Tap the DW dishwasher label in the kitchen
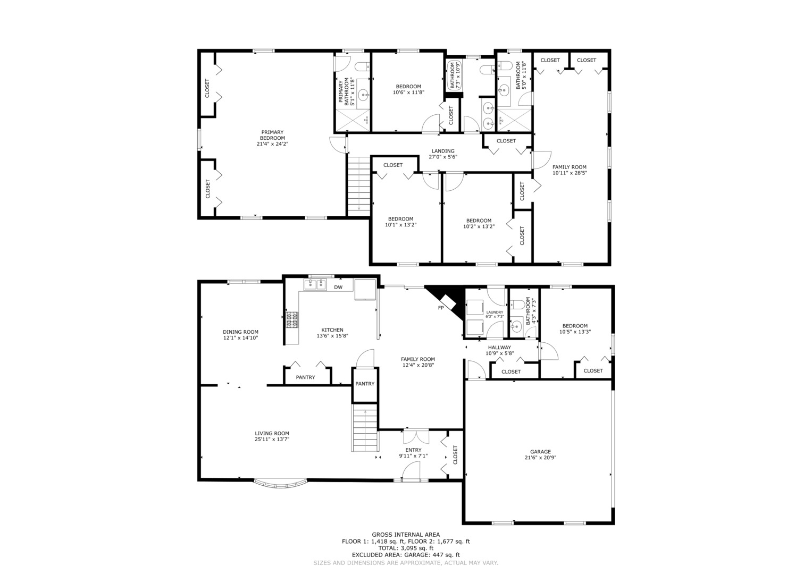[338, 288]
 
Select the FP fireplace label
[441, 308]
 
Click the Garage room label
[540, 452]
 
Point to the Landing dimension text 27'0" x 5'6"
[443, 157]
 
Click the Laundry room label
[495, 312]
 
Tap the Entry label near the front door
[413, 450]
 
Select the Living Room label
[272, 433]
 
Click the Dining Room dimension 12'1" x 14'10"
[240, 337]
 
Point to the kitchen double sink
[315, 285]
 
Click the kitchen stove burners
[292, 319]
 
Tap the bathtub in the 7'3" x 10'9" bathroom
[453, 75]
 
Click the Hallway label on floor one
[499, 347]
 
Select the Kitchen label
[332, 330]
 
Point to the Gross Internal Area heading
[406, 534]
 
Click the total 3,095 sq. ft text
[406, 548]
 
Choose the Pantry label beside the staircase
[365, 383]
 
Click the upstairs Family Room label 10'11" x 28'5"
[570, 170]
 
